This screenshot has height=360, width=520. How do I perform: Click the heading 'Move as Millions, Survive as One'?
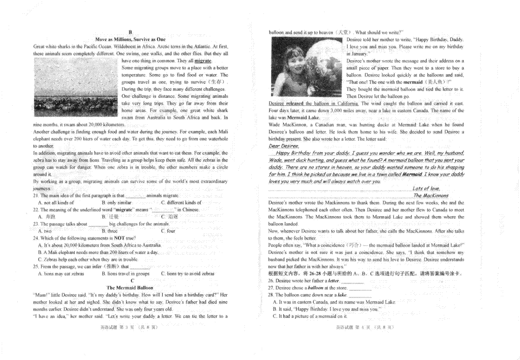(130, 39)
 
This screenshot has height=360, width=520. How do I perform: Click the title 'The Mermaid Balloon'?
(130, 287)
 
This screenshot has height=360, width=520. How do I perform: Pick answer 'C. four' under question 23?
(168, 231)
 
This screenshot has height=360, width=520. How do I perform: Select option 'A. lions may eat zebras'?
(61, 273)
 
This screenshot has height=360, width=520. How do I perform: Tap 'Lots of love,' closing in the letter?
(426, 188)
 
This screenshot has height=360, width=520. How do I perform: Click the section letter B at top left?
(130, 32)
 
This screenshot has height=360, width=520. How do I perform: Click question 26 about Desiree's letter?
(303, 281)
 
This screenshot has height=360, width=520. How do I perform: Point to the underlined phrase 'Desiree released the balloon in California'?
(313, 104)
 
